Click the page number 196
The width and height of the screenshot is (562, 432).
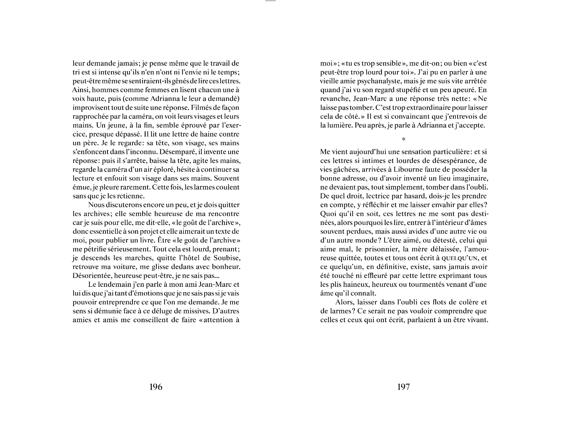156,387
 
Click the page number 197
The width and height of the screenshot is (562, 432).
403,387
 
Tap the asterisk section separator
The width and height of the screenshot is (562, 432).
404,139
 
